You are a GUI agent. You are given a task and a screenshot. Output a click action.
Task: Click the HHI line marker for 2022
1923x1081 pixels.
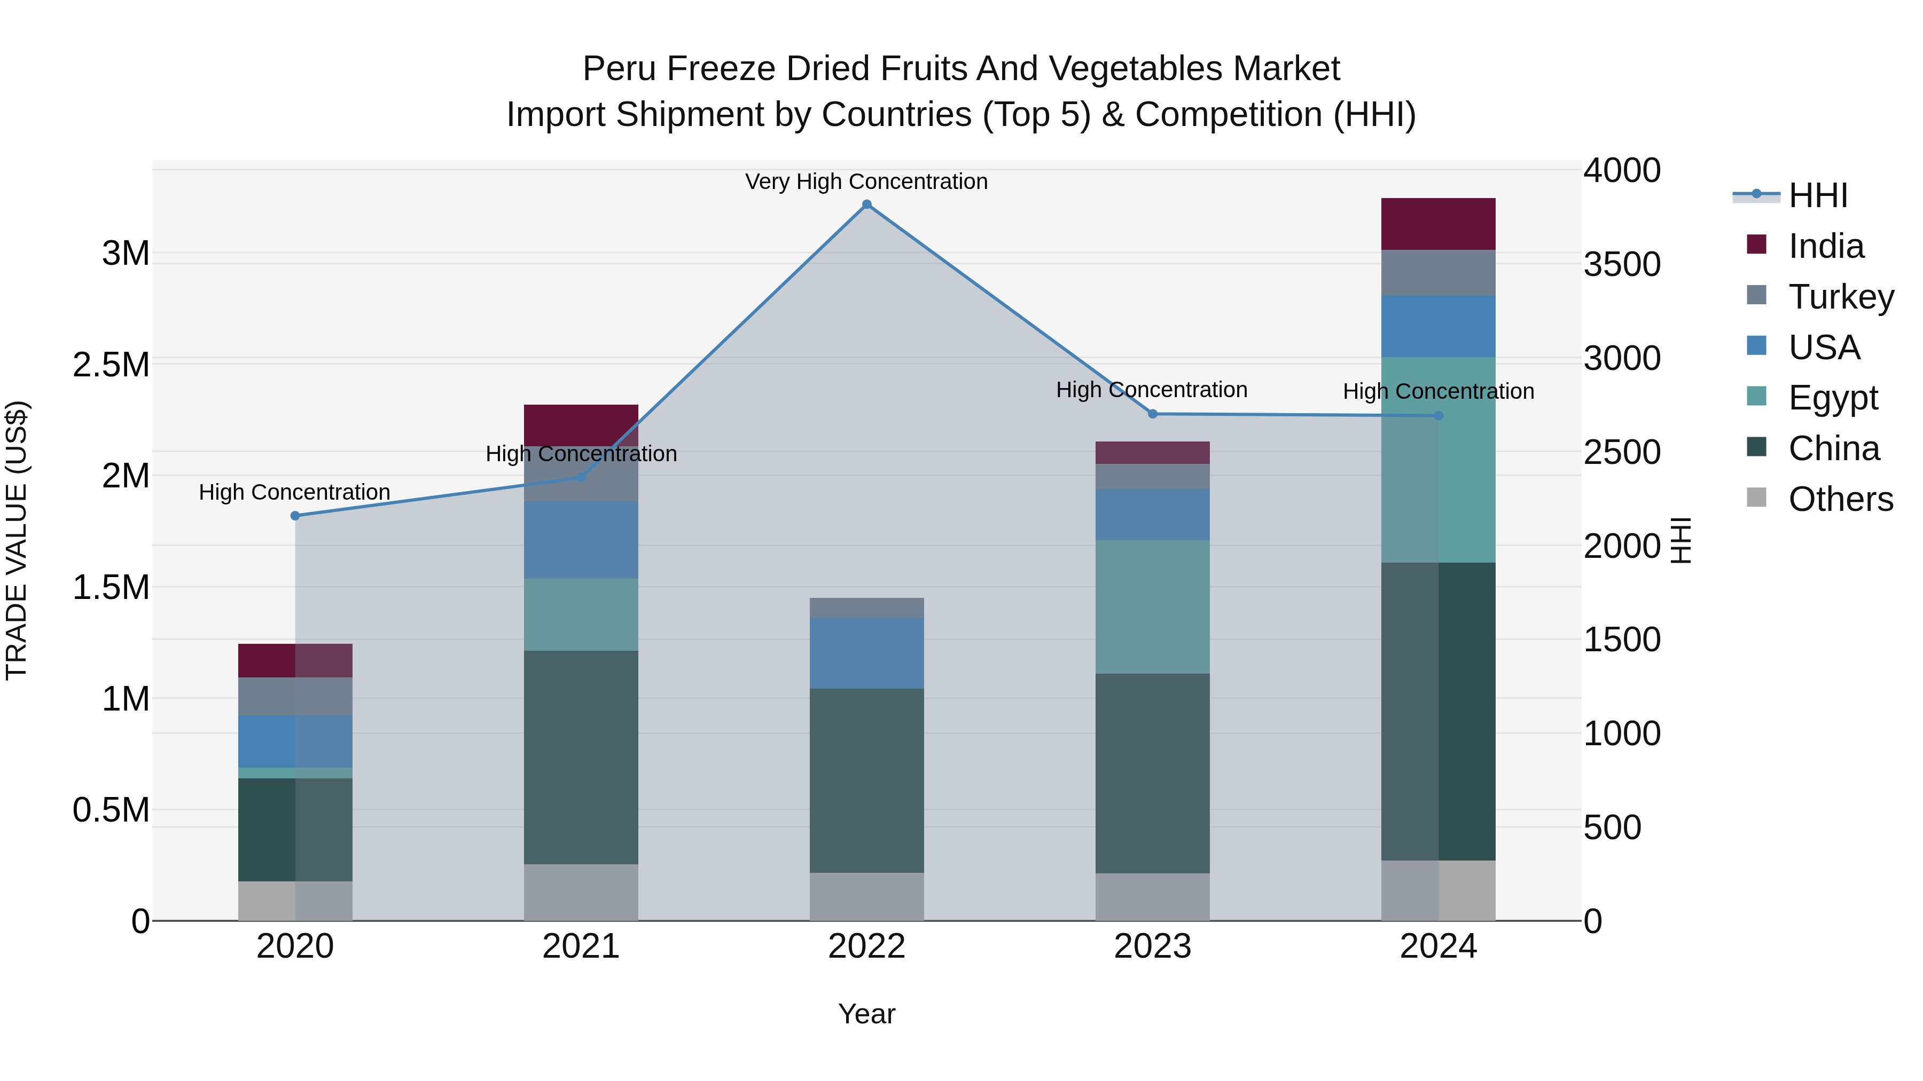[x=867, y=204]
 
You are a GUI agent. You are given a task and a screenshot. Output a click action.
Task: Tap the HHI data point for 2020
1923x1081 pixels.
[x=295, y=516]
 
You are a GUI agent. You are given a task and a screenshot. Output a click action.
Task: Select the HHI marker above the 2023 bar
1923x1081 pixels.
[x=1153, y=414]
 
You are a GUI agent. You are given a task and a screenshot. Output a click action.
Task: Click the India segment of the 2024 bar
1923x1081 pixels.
[x=1438, y=224]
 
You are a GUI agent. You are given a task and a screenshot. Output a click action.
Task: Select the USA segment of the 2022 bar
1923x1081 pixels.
[x=867, y=653]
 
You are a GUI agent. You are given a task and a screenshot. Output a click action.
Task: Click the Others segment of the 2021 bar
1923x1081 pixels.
[x=581, y=892]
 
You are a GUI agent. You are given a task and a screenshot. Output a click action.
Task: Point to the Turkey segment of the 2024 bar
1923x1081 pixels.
[x=1438, y=272]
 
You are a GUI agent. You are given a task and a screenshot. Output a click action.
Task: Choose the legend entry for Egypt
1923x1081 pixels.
[x=1833, y=398]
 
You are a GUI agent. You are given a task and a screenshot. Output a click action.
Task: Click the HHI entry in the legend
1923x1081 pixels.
[x=1818, y=195]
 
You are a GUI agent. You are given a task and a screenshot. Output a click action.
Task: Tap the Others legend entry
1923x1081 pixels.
[x=1840, y=499]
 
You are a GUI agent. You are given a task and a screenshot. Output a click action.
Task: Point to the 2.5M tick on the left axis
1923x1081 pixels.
[x=111, y=365]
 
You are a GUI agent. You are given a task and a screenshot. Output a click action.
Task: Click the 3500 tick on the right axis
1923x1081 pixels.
[x=1621, y=264]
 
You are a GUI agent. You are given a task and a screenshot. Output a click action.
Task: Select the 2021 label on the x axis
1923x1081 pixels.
[x=581, y=946]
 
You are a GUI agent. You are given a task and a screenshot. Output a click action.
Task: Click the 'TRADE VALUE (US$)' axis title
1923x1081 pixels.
[x=17, y=540]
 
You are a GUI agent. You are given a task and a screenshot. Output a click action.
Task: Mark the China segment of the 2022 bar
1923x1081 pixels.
[x=867, y=780]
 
